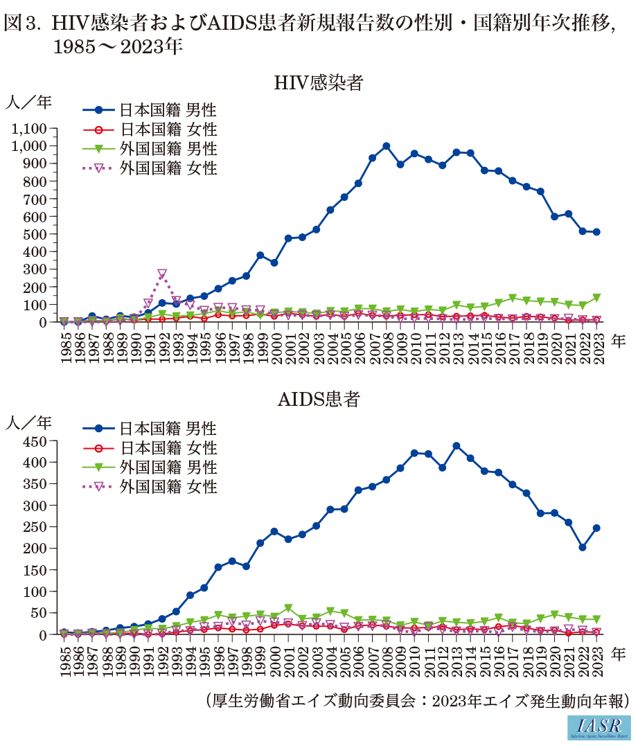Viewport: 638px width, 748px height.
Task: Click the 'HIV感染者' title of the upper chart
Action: pos(319,83)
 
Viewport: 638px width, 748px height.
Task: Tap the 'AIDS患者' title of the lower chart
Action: pos(319,400)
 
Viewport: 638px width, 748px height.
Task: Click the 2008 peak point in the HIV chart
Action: pos(386,146)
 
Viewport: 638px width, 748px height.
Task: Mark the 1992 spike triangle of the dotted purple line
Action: pos(162,274)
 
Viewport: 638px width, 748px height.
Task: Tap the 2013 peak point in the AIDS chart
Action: pos(457,446)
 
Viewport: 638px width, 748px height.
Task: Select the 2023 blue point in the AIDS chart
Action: pos(596,528)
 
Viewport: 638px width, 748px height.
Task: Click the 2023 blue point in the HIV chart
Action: pos(596,232)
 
